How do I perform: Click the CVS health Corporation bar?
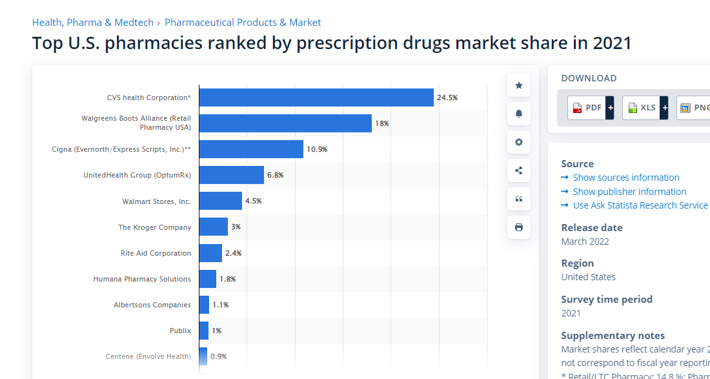[316, 97]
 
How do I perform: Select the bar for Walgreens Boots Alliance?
[285, 123]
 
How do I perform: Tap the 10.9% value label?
[317, 149]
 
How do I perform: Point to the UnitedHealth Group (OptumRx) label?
[137, 175]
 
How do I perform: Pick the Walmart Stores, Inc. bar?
[221, 201]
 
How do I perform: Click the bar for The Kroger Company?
[214, 227]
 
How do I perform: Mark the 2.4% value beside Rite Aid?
[233, 253]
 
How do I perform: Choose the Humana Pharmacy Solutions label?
[142, 279]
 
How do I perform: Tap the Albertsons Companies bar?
[205, 305]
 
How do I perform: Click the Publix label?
[180, 331]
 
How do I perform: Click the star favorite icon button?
[519, 85]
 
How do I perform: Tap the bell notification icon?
[519, 114]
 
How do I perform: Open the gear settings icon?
[519, 142]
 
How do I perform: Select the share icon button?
[519, 170]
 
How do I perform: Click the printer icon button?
[519, 227]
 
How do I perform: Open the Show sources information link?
[626, 178]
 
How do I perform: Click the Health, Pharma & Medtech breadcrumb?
[93, 23]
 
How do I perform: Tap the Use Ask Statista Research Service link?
[640, 205]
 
